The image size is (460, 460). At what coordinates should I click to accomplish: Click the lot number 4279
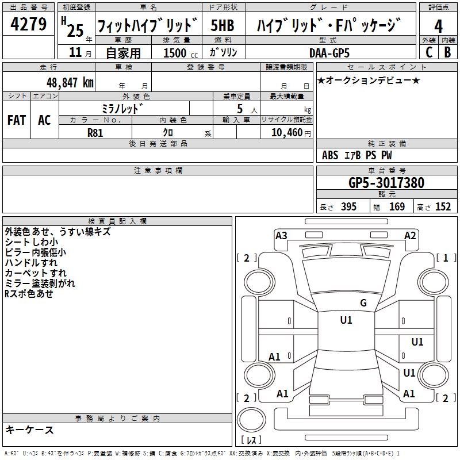coord(29,25)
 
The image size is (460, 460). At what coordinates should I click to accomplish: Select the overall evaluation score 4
coord(439,26)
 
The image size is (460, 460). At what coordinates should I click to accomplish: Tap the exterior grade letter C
coord(428,52)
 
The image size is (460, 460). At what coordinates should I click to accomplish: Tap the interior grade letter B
coord(447,52)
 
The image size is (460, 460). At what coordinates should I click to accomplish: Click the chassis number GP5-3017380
coord(386,183)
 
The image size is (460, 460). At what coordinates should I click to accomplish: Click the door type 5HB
coord(222,26)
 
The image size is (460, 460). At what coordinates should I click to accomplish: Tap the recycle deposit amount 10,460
coord(286,132)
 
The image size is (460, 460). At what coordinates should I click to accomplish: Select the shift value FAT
coord(17,120)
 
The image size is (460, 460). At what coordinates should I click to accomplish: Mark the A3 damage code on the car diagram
coord(281,235)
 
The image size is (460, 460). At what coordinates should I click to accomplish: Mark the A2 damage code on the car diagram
coord(410,235)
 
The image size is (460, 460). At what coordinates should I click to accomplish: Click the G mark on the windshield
coord(363,303)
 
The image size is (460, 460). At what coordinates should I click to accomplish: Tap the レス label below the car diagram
coord(251,440)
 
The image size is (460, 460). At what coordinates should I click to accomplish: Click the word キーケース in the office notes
coord(29,430)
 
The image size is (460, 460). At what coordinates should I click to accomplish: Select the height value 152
coord(442,207)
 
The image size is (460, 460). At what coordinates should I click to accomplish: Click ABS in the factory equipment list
coord(330,155)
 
